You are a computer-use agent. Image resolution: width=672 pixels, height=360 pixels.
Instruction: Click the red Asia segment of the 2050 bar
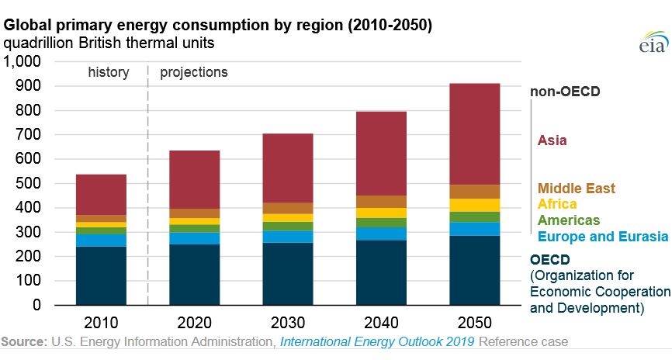click(474, 134)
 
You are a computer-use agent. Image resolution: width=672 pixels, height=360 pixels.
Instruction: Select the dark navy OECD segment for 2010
click(101, 275)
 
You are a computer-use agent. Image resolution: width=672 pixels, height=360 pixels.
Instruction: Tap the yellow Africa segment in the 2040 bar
click(381, 213)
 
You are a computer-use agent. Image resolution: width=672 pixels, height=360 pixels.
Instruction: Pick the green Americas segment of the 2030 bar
click(288, 227)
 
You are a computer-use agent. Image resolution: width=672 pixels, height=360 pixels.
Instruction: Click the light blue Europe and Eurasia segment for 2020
click(195, 238)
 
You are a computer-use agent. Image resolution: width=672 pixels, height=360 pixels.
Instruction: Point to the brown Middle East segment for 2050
click(474, 192)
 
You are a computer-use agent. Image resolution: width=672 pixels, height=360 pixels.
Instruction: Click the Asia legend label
click(552, 140)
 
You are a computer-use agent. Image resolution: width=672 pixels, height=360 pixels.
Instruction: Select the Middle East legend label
click(576, 188)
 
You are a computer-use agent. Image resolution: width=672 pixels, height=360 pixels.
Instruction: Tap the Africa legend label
click(557, 204)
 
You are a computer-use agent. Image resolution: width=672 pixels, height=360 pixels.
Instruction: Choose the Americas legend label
click(569, 220)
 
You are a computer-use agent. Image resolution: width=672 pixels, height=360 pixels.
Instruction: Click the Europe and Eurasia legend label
click(603, 237)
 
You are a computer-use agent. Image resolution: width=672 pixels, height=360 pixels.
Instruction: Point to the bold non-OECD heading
click(565, 92)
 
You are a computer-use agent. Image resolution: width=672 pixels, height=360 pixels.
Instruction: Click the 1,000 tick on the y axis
click(23, 61)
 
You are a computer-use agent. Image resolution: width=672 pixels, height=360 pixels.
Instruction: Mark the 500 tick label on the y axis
click(28, 183)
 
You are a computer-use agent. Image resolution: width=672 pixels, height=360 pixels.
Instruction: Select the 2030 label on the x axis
click(288, 323)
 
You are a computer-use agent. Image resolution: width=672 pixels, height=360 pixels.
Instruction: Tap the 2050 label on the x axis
click(474, 323)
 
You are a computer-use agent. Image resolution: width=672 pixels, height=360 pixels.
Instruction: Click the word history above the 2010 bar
click(109, 72)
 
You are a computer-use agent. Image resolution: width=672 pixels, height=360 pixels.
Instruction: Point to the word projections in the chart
click(194, 72)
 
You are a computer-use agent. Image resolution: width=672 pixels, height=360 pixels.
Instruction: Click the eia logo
click(653, 42)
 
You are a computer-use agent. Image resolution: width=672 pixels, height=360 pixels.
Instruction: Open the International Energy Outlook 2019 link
click(377, 341)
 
